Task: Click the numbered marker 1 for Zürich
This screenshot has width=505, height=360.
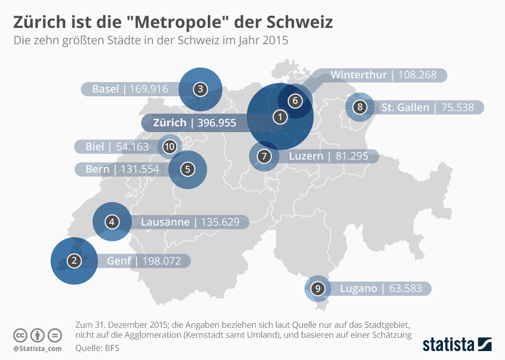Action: [280, 117]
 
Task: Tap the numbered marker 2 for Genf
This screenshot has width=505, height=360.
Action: [74, 261]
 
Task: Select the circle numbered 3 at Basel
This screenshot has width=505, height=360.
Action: [200, 89]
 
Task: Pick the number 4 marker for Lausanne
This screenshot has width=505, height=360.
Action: [112, 222]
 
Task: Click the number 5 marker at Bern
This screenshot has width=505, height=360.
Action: [187, 169]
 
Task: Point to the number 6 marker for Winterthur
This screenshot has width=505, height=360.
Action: [295, 100]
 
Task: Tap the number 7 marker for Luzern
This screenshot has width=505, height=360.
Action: [264, 156]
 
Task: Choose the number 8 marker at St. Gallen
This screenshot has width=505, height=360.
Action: [360, 107]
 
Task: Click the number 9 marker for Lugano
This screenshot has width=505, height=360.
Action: [317, 288]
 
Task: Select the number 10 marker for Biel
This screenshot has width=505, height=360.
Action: [169, 147]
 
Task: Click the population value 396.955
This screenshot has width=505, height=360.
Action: [214, 123]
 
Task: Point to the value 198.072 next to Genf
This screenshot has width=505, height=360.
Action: [163, 261]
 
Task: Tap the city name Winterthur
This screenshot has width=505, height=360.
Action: [359, 75]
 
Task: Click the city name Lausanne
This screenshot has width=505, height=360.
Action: [165, 222]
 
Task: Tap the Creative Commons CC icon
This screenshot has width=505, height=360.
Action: [20, 335]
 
